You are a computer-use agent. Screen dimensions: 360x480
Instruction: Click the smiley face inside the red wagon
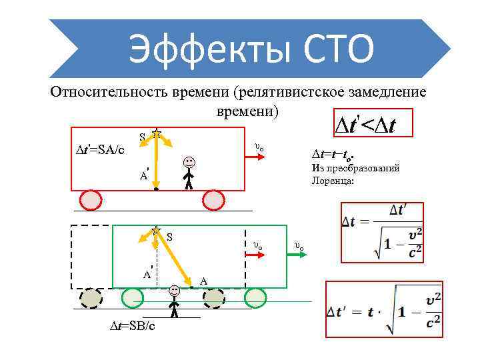pos(190,161)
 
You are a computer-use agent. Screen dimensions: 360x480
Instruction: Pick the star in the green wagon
pos(157,231)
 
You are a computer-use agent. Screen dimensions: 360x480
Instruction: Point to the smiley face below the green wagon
pos(174,291)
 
